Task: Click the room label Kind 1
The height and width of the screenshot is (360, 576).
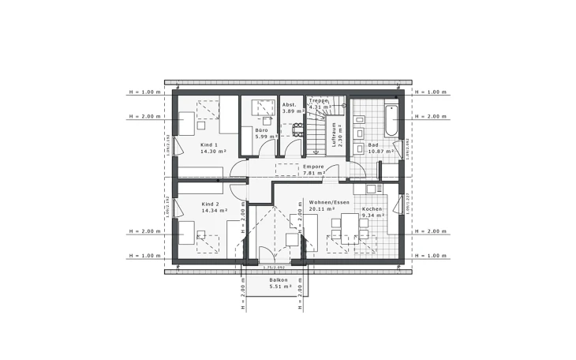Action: point(208,144)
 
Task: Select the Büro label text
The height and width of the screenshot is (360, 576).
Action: point(262,129)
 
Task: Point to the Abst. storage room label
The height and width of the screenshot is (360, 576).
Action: point(289,104)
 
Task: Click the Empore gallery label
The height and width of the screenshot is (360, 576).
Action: point(314,167)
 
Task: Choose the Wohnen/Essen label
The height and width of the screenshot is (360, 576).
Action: point(330,203)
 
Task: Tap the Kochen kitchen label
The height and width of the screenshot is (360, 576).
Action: point(372,208)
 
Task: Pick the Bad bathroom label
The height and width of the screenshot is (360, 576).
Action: point(372,144)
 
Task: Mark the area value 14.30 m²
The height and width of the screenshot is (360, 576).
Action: point(213,151)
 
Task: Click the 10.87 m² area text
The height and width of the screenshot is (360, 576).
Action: point(376,151)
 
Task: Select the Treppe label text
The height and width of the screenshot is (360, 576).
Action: point(318,101)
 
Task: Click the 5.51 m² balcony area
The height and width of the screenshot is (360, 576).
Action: point(280,286)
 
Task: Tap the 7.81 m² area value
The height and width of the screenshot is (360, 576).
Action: point(314,174)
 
